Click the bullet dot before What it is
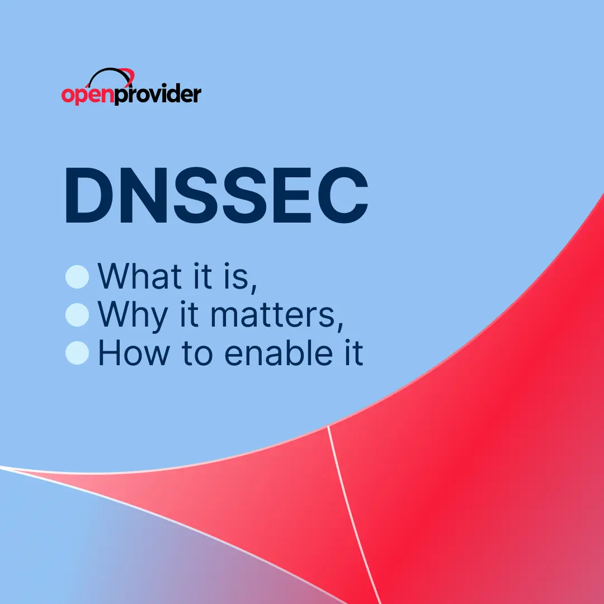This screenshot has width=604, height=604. [x=77, y=277]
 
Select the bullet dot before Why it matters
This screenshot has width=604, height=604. [x=77, y=315]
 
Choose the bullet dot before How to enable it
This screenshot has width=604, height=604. [x=77, y=353]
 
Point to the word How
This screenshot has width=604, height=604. [x=132, y=353]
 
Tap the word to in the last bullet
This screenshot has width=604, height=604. [x=195, y=353]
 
